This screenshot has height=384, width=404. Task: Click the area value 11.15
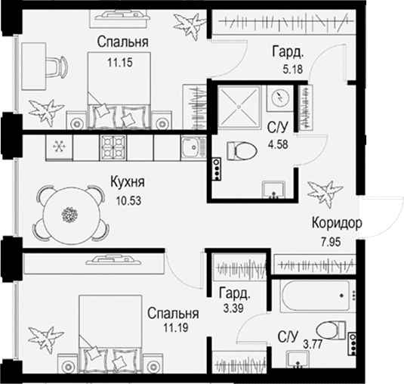pyautogui.click(x=120, y=63)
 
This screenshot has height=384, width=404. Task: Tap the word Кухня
pyautogui.click(x=128, y=182)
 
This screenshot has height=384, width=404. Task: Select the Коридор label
pyautogui.click(x=337, y=223)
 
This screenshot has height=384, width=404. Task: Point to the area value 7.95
pyautogui.click(x=331, y=242)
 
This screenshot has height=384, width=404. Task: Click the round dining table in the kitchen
pyautogui.click(x=69, y=214)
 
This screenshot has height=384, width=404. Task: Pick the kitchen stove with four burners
pyautogui.click(x=113, y=147)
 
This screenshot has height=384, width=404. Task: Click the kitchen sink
pyautogui.click(x=193, y=147)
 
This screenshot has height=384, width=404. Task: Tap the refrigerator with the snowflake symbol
pyautogui.click(x=59, y=147)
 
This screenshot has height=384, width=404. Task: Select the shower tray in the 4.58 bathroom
pyautogui.click(x=239, y=107)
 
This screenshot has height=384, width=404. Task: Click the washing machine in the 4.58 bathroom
pyautogui.click(x=279, y=98)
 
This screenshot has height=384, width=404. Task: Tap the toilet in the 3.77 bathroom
pyautogui.click(x=331, y=330)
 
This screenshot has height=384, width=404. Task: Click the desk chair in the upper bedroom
pyautogui.click(x=56, y=67)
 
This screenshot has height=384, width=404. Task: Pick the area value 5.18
pyautogui.click(x=293, y=70)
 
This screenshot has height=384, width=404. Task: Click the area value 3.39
pyautogui.click(x=233, y=308)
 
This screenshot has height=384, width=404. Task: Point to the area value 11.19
pyautogui.click(x=175, y=327)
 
